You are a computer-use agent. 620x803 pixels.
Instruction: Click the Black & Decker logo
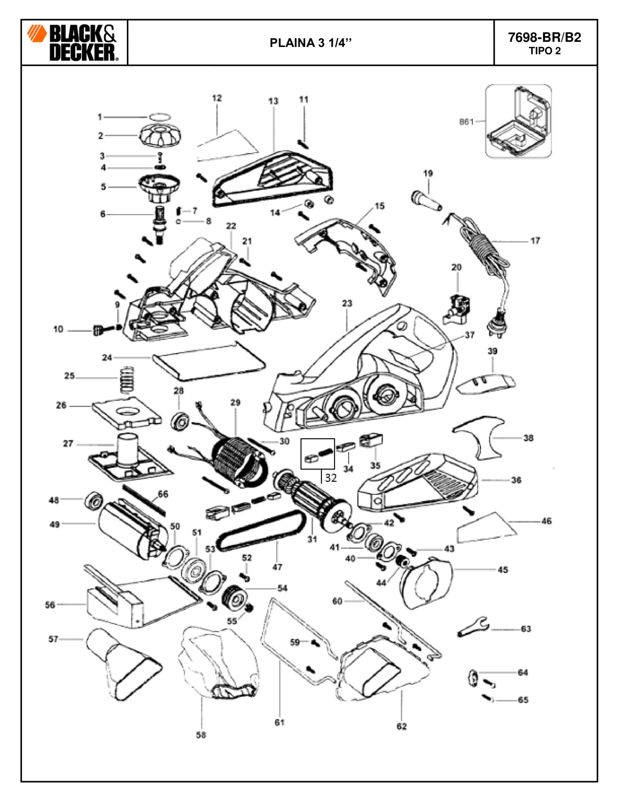point(72,43)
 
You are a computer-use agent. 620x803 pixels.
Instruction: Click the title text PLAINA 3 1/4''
point(311,43)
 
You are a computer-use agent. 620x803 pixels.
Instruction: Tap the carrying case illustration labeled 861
point(518,121)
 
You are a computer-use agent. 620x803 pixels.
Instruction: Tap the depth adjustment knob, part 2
point(160,135)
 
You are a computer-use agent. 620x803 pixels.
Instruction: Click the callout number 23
point(347,303)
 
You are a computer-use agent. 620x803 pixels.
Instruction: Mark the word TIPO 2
point(545,51)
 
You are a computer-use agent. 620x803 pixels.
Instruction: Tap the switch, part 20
point(457,307)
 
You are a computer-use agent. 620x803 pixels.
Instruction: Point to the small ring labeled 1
point(160,117)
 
